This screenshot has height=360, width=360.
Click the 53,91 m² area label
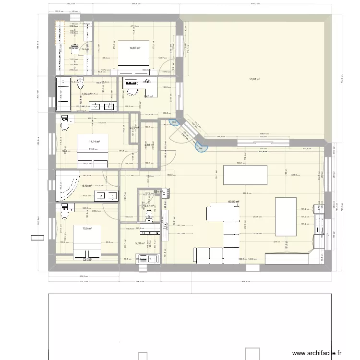pos(254,79)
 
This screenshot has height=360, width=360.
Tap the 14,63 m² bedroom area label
pos(134,48)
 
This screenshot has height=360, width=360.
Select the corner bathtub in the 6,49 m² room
pos(65,185)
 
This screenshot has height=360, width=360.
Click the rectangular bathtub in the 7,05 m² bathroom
pos(63,89)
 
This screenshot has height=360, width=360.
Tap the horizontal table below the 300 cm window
pos(245,172)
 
